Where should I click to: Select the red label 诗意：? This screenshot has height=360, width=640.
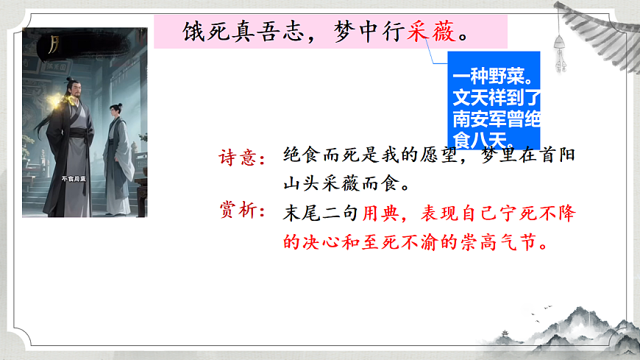coord(242,158)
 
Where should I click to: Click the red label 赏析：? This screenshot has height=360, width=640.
coord(242,211)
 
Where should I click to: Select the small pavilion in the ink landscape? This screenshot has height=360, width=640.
coord(508,335)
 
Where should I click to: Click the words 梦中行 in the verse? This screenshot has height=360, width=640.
coord(366,34)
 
